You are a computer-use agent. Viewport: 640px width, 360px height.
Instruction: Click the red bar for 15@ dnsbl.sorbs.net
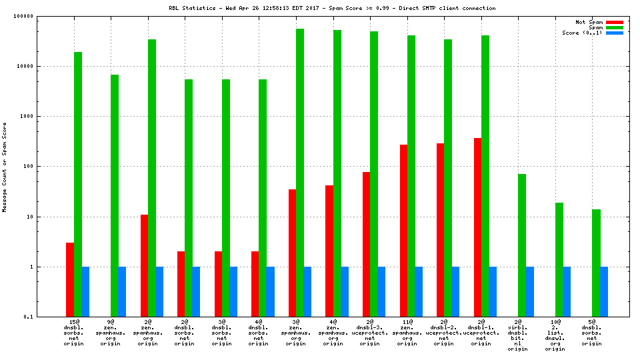[x=70, y=279]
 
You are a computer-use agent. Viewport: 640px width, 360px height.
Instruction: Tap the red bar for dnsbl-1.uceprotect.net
[x=477, y=227]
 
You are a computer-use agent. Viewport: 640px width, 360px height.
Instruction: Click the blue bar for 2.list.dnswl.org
[x=567, y=291]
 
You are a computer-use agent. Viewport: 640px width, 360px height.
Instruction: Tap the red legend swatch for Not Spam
[x=614, y=22]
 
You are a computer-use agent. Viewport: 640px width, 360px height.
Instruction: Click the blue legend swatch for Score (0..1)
[x=614, y=33]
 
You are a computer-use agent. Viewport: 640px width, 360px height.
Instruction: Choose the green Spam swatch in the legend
[x=614, y=27]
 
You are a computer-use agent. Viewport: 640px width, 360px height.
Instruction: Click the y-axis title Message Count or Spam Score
[x=5, y=167]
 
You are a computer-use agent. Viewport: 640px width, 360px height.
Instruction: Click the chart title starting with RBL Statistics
[x=332, y=8]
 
